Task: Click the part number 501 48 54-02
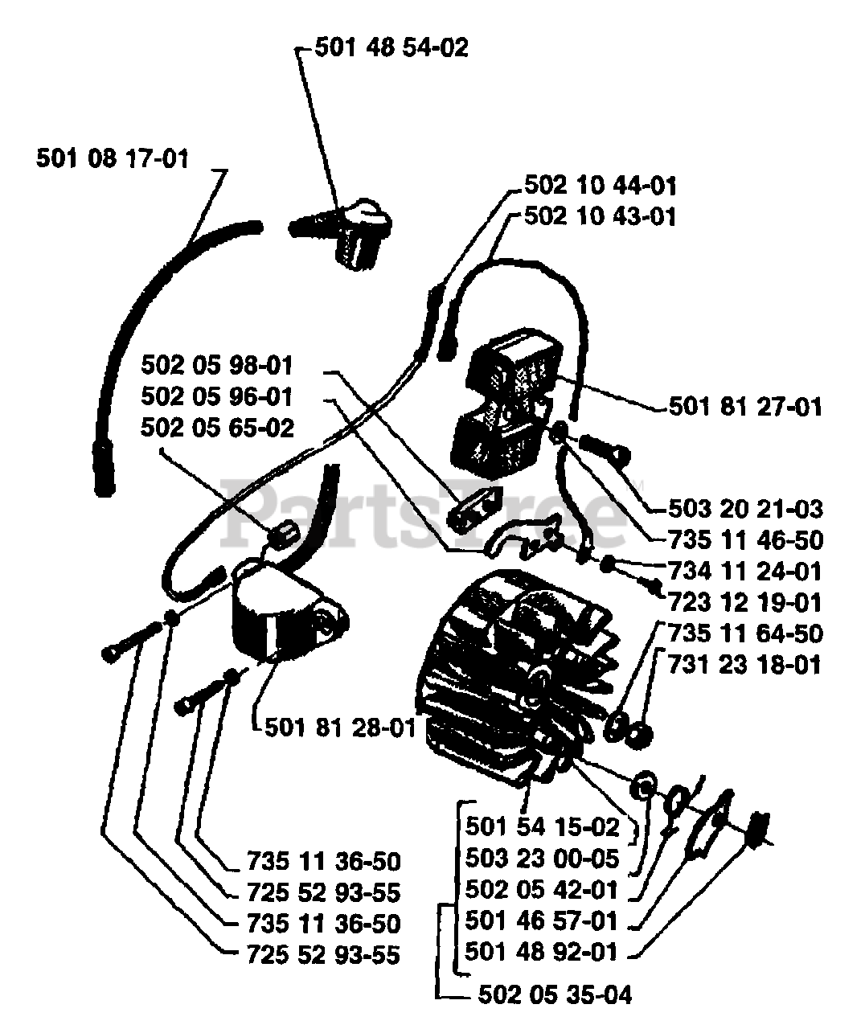[x=391, y=48]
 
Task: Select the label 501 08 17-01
[x=113, y=158]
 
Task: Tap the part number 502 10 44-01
[x=600, y=187]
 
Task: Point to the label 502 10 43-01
[x=600, y=217]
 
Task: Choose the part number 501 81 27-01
[x=745, y=407]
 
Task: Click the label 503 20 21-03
[x=745, y=509]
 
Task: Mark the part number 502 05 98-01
[x=217, y=367]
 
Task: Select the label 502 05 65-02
[x=217, y=428]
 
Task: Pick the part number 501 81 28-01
[x=340, y=729]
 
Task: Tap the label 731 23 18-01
[x=745, y=665]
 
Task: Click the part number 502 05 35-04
[x=555, y=995]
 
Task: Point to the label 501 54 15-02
[x=543, y=828]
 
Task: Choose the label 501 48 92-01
[x=543, y=953]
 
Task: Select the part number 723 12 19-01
[x=745, y=602]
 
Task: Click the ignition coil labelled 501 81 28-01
[x=281, y=611]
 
